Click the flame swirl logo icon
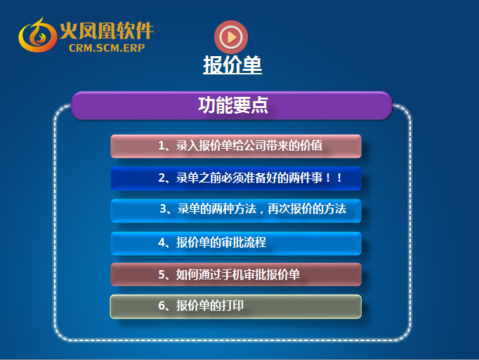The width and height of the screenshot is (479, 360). [x=37, y=35]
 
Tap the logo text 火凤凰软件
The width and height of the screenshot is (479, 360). [x=107, y=31]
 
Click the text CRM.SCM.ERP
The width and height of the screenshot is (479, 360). [x=107, y=48]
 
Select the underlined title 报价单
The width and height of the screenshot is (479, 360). [x=232, y=65]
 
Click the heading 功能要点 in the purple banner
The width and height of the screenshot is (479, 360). [x=233, y=105]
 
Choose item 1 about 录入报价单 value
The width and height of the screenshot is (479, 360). [x=236, y=146]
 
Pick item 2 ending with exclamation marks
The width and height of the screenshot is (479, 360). [x=236, y=178]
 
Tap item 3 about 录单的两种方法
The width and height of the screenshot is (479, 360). [x=236, y=211]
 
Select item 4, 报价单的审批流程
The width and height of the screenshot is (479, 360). [x=236, y=244]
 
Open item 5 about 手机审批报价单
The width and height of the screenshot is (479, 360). [x=236, y=274]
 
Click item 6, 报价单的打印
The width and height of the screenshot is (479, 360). [x=236, y=307]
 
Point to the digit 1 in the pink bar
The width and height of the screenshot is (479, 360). [x=162, y=146]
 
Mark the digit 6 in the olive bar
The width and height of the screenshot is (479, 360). [x=162, y=306]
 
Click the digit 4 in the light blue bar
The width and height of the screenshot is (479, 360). [x=162, y=243]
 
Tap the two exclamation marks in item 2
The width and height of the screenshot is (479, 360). [x=334, y=178]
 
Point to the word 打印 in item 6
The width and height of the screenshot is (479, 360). [x=232, y=306]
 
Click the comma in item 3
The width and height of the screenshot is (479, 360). [x=261, y=211]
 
